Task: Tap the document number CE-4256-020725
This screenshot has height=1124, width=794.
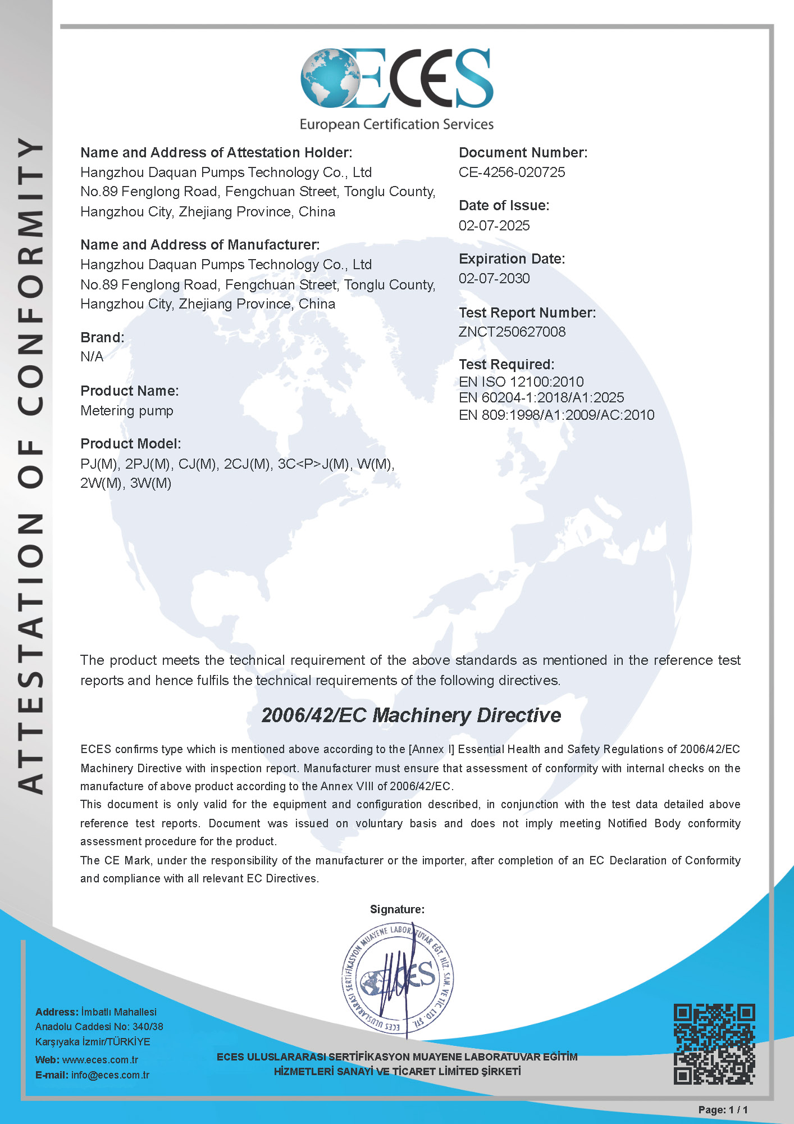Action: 512,173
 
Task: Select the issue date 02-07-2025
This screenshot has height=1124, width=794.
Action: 494,225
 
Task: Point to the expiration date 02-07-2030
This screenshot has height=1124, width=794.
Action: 494,278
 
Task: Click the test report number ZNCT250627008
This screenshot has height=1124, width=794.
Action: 512,332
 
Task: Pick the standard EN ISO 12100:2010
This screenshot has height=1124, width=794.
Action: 521,382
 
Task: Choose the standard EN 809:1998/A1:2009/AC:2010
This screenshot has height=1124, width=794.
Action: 556,415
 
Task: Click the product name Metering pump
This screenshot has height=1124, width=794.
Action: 127,411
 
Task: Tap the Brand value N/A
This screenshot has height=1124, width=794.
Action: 92,357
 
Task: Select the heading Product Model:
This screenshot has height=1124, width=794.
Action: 130,444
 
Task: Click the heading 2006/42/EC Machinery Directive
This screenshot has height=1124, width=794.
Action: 411,715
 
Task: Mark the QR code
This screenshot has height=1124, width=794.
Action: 714,1044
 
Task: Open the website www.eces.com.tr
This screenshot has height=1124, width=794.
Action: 100,1060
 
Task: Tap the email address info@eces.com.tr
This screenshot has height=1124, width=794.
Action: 110,1075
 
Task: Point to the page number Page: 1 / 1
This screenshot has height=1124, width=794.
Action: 723,1110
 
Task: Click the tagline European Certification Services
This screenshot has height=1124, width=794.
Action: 396,124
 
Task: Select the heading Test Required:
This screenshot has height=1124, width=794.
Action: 506,364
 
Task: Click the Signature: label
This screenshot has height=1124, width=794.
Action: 397,909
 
